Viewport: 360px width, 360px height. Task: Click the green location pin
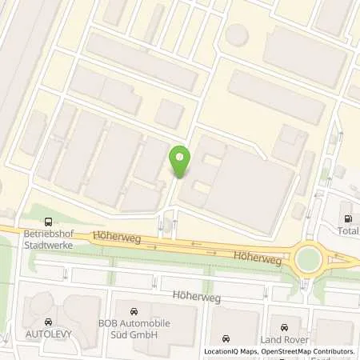point(180,161)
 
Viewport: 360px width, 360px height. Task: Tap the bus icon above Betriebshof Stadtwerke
point(50,222)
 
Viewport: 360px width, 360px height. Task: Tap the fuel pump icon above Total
point(347,218)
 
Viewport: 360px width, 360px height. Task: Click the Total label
point(347,232)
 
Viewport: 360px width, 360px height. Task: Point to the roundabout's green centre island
point(306,258)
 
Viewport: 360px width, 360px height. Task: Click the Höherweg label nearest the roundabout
point(254,256)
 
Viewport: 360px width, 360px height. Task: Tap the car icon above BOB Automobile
point(134,309)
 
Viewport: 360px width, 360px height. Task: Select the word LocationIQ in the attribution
point(220,351)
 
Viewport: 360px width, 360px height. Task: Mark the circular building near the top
point(236,34)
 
